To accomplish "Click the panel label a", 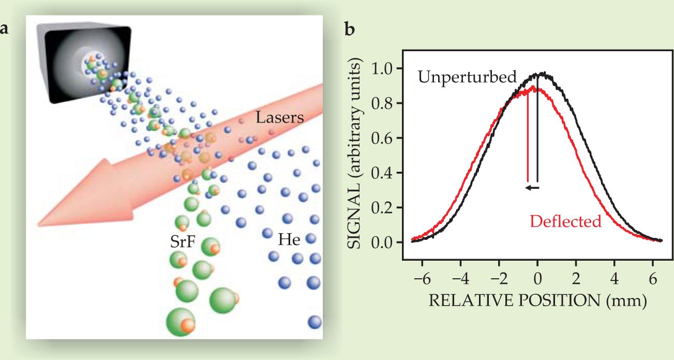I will [5, 29].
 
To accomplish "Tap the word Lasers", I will [280, 118].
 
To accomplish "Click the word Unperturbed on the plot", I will [467, 78].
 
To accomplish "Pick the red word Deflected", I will [566, 221].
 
